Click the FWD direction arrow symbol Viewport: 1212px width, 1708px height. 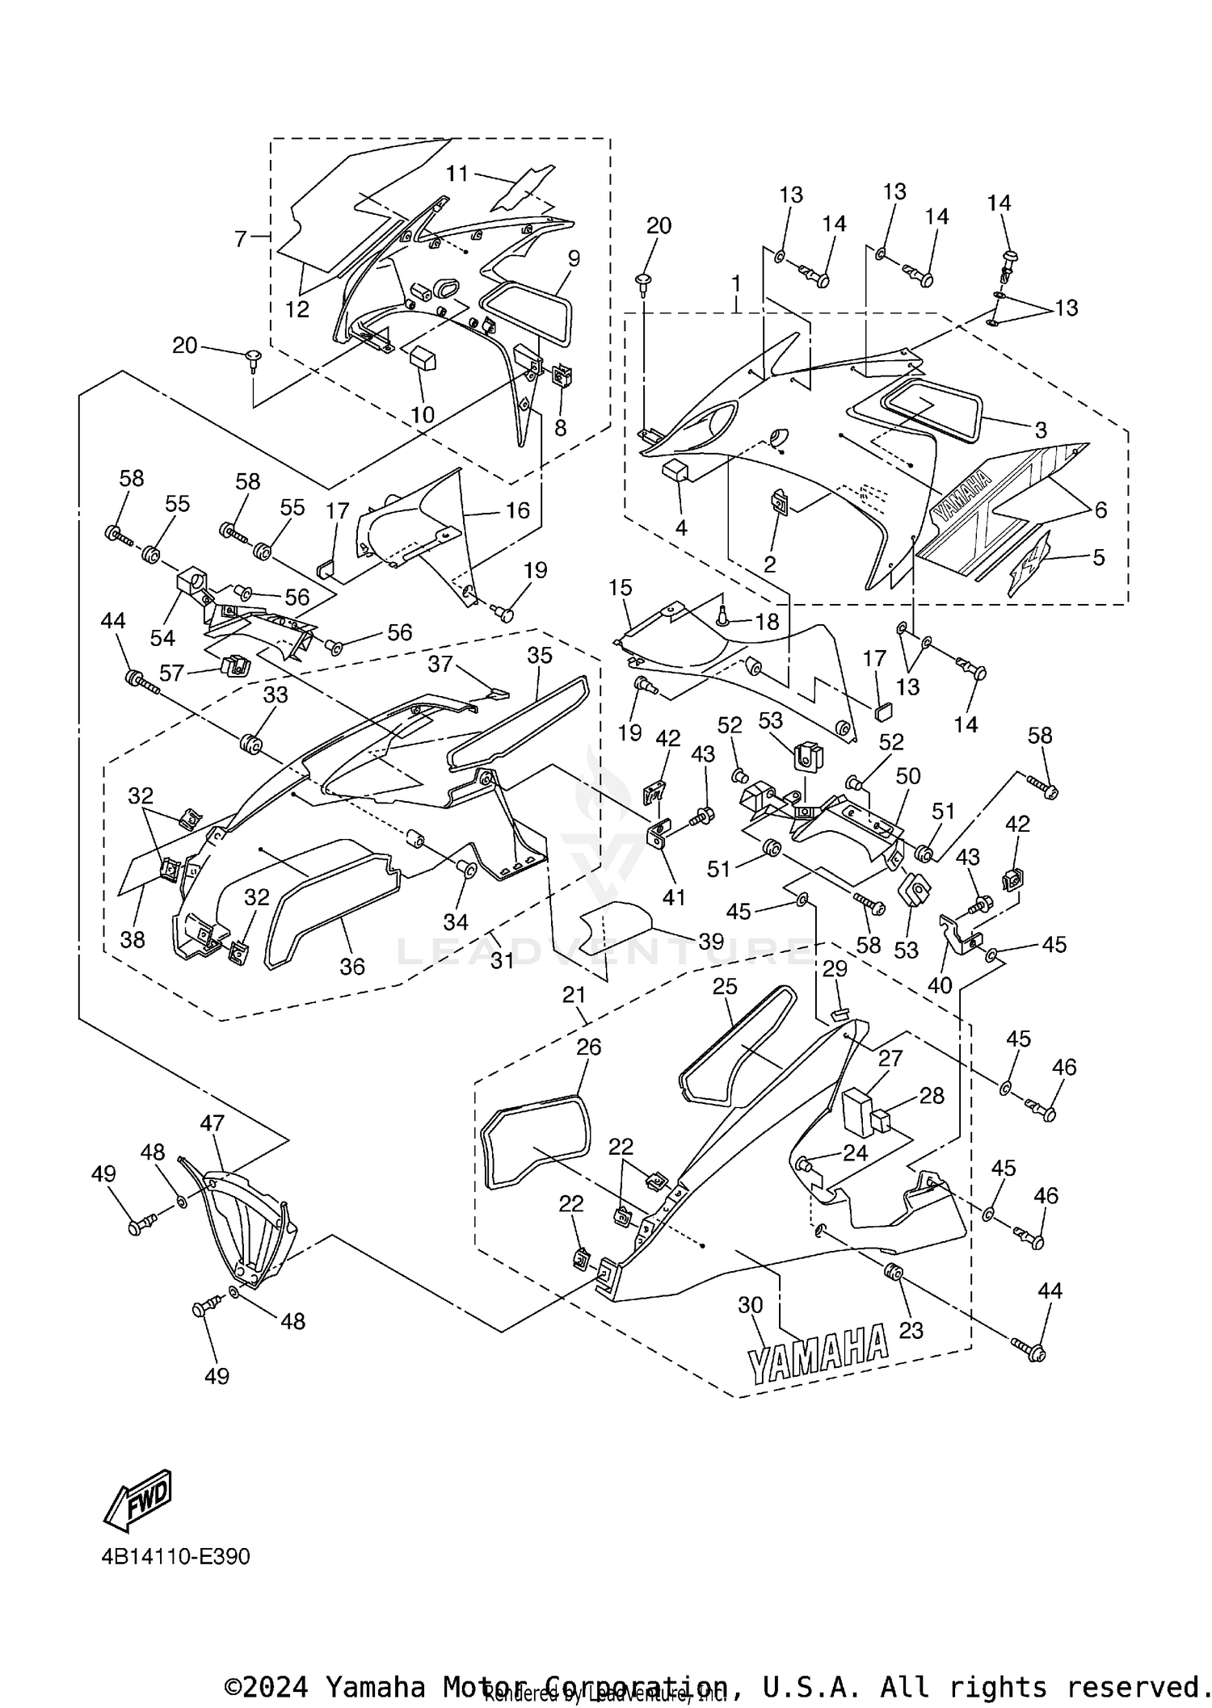tap(138, 1500)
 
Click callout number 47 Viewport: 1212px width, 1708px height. tap(213, 1123)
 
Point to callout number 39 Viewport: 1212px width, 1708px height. tap(711, 942)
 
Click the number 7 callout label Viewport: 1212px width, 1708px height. tap(241, 239)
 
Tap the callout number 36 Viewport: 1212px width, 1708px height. tap(352, 966)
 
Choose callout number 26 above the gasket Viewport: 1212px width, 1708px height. tap(588, 1047)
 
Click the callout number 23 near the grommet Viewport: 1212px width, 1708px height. tap(911, 1329)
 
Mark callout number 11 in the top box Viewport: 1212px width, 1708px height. tap(457, 173)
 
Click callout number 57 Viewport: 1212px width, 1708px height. tap(171, 672)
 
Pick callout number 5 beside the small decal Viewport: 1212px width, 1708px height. tap(1098, 557)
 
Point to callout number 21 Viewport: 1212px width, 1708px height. tap(574, 995)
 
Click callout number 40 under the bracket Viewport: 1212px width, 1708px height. tap(940, 984)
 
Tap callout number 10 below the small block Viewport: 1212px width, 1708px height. tap(423, 414)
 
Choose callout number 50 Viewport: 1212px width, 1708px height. tap(908, 776)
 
